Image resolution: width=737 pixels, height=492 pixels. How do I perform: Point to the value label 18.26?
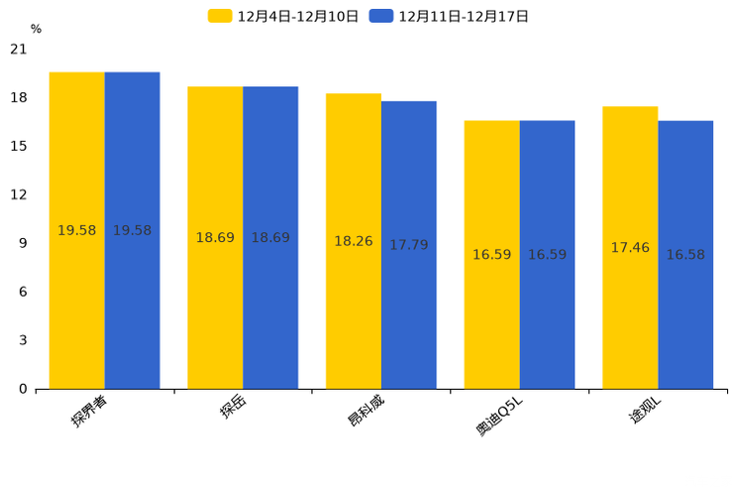click(354, 241)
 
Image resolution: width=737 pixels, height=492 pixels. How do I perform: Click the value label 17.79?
click(408, 245)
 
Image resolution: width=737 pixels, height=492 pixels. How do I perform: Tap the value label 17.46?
click(630, 248)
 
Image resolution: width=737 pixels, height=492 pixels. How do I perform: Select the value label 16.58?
click(685, 255)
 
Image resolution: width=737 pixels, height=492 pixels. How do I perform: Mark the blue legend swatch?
click(381, 16)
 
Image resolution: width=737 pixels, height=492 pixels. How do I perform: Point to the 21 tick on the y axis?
click(19, 49)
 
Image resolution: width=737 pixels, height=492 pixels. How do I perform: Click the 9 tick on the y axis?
click(23, 243)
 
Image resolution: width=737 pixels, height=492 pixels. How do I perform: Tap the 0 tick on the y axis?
click(23, 389)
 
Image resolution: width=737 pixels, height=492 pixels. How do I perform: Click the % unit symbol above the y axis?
click(36, 30)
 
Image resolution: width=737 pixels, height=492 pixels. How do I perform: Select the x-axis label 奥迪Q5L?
click(500, 416)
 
